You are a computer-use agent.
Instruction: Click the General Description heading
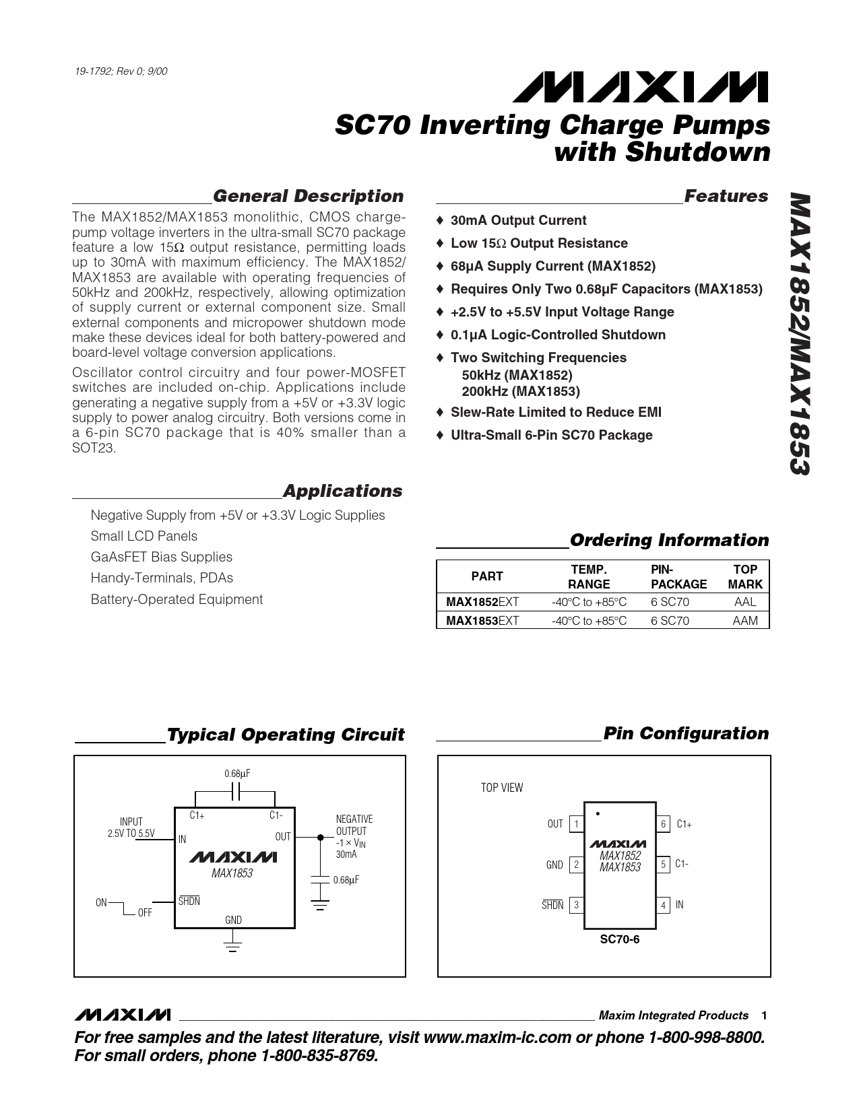308,196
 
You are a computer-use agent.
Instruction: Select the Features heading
726,196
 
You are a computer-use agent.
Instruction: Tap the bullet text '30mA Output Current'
518,220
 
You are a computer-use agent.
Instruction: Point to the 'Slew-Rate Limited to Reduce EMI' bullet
556,412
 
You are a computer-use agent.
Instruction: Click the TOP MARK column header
745,577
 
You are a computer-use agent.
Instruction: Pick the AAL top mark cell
745,602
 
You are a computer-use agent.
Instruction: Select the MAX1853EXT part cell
482,621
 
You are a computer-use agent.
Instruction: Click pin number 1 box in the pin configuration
577,824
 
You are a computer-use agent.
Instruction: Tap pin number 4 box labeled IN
663,906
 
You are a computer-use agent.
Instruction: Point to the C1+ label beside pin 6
684,824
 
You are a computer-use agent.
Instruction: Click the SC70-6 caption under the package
620,939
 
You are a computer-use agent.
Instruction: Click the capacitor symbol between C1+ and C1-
235,793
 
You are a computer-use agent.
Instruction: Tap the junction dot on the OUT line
320,838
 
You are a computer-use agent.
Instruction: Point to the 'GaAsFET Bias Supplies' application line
161,557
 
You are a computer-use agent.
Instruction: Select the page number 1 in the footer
764,1015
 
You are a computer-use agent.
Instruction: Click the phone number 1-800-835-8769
319,1056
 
